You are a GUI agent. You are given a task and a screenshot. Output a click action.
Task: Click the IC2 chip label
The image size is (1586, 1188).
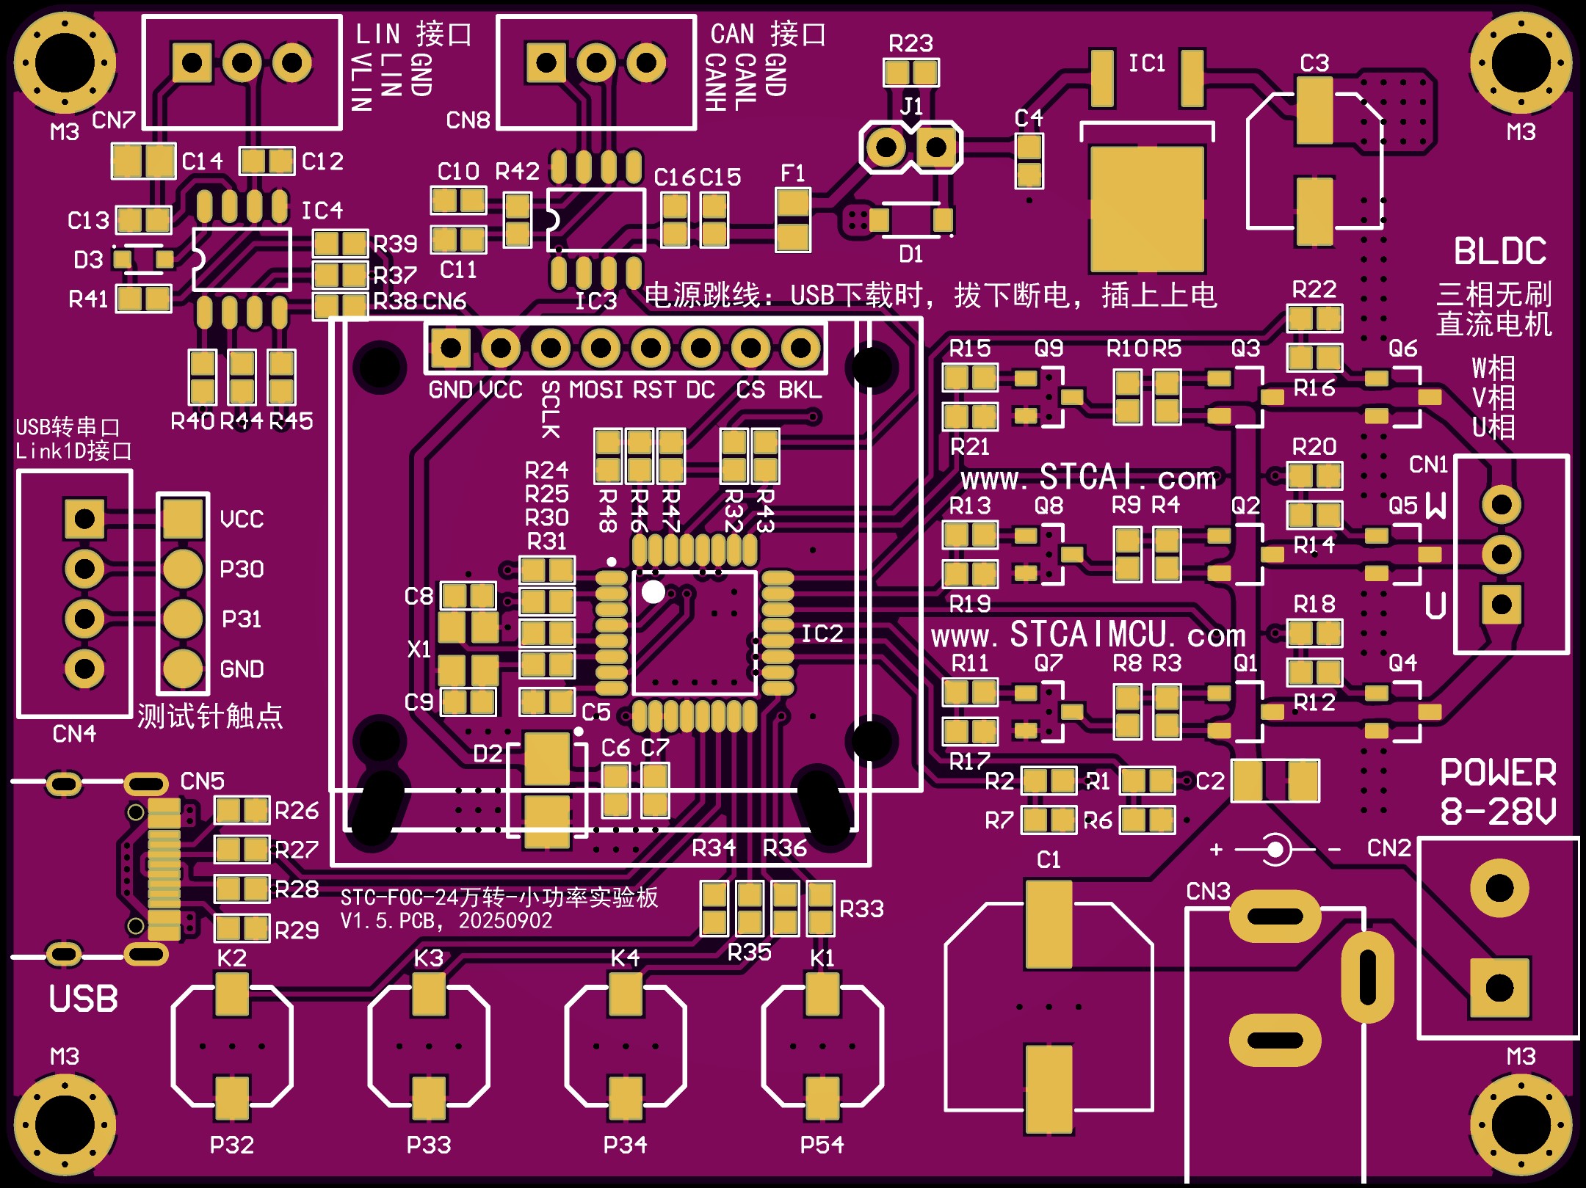[822, 634]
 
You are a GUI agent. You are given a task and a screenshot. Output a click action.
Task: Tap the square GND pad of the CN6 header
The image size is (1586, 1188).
[450, 348]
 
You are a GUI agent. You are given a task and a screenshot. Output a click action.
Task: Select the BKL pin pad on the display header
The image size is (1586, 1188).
[800, 348]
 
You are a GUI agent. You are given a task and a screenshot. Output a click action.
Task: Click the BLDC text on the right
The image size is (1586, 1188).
[1500, 252]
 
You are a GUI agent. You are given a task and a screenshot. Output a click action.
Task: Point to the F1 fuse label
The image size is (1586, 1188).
[793, 174]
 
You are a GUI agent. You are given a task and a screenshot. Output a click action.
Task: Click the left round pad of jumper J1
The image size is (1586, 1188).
[886, 147]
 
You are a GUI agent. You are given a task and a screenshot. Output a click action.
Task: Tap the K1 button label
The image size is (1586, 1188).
[822, 958]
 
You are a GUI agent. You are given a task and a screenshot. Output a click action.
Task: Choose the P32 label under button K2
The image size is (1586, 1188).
[232, 1145]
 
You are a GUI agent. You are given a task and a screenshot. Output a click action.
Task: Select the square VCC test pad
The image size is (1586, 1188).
[183, 519]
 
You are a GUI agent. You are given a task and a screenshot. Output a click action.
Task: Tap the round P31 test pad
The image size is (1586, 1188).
[183, 619]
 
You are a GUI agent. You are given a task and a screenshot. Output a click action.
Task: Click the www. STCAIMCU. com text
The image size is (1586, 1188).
[1088, 635]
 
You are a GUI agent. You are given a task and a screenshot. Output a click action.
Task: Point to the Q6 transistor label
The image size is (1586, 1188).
[1402, 349]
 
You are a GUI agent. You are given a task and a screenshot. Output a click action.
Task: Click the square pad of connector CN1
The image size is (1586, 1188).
[1501, 604]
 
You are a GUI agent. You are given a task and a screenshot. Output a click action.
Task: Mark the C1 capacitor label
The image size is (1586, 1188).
[1049, 860]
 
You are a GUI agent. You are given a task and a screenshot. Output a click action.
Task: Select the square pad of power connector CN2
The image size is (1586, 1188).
[1499, 988]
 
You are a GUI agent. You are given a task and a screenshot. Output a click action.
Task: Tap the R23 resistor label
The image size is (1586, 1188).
[910, 44]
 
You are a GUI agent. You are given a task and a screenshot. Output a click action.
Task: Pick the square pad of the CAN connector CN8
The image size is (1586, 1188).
[546, 62]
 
